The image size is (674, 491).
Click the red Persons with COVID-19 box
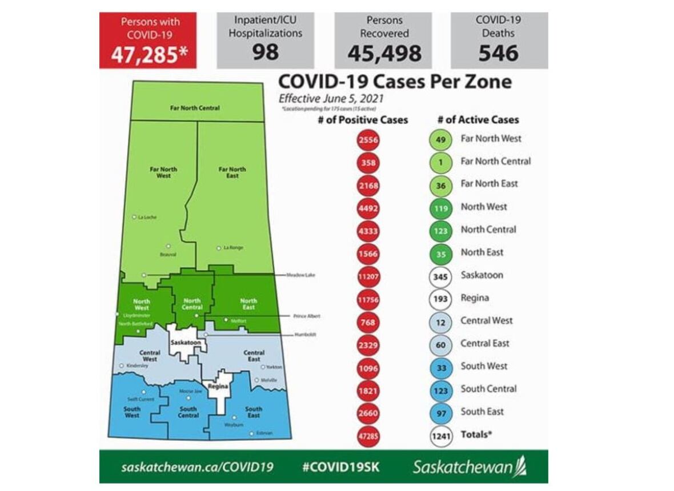[x=148, y=40]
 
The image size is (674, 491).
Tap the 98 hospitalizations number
[x=266, y=52]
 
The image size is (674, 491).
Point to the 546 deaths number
[x=499, y=53]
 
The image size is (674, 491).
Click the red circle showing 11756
[x=367, y=299]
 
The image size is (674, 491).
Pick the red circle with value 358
[x=367, y=162]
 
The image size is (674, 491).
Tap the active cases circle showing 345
[x=441, y=276]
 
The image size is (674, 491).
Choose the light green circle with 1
[x=441, y=162]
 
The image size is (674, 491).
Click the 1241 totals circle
[x=441, y=436]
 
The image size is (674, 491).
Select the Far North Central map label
[x=195, y=108]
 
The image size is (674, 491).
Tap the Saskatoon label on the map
[x=185, y=343]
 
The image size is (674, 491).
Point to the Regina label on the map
[x=218, y=387]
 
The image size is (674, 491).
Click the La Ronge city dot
[x=219, y=248]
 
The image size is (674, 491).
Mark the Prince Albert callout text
[x=306, y=316]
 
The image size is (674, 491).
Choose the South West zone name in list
[x=484, y=367]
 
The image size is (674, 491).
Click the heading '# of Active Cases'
[x=478, y=120]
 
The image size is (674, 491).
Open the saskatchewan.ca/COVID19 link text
[x=197, y=466]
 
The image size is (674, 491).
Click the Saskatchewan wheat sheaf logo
[x=520, y=466]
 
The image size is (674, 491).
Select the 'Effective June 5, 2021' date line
[x=331, y=98]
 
